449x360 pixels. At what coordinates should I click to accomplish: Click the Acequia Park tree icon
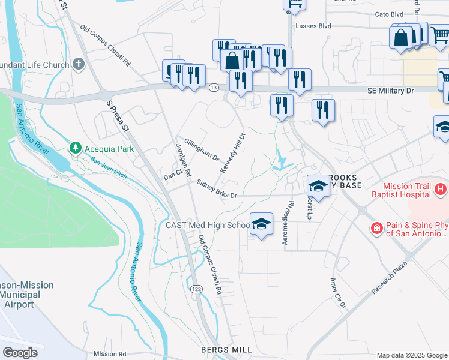coord(75,147)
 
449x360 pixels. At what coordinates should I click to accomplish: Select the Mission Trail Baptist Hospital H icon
coord(441,190)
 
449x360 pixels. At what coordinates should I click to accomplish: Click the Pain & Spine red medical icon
coord(376,229)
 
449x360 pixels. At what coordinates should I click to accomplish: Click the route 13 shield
coord(214,88)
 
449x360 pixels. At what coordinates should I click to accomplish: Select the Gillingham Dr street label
coord(202,149)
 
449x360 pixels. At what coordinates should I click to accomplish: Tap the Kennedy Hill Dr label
coord(233,154)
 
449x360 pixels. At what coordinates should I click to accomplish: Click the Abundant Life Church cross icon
coord(78,64)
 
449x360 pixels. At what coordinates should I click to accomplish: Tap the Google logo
coord(20,353)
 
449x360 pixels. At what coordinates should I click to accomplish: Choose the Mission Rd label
coord(109,354)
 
